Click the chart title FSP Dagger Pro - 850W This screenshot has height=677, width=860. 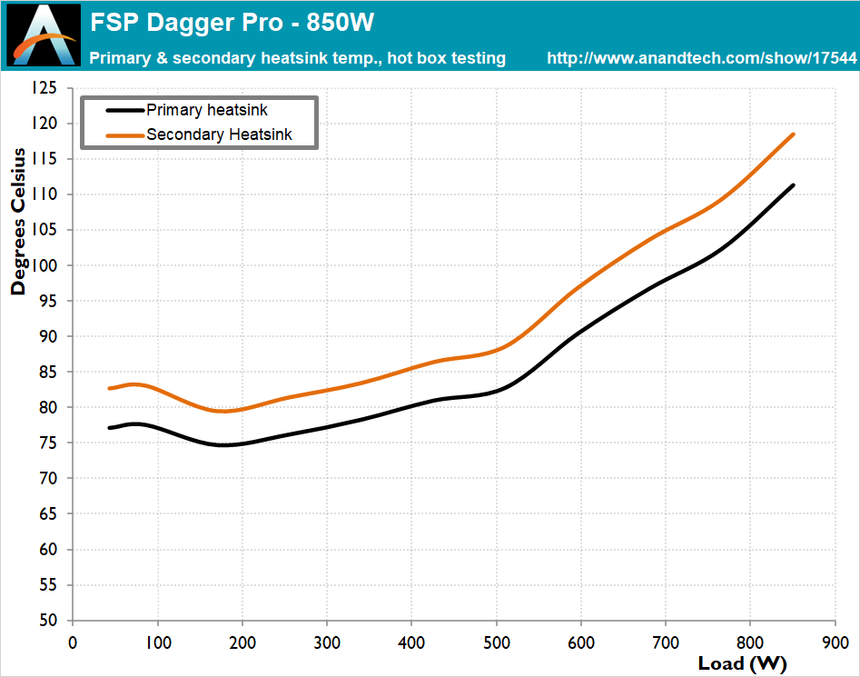[232, 22]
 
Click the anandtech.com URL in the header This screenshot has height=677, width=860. [701, 58]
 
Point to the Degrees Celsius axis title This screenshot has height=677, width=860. [18, 223]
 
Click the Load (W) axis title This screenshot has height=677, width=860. [743, 662]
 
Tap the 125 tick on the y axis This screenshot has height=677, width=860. [43, 88]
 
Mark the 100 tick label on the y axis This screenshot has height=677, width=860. [43, 265]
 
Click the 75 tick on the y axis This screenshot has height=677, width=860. [46, 443]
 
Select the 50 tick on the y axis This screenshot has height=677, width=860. [46, 621]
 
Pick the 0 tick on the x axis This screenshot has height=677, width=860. [73, 641]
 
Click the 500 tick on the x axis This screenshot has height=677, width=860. [496, 641]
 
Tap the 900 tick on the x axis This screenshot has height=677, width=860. [835, 641]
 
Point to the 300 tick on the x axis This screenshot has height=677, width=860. [327, 641]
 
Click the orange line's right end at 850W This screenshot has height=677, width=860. [794, 134]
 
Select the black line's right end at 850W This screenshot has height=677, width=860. [794, 185]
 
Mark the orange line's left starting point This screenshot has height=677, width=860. [110, 388]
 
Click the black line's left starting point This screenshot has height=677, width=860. [110, 427]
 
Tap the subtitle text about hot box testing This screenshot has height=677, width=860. [298, 58]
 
